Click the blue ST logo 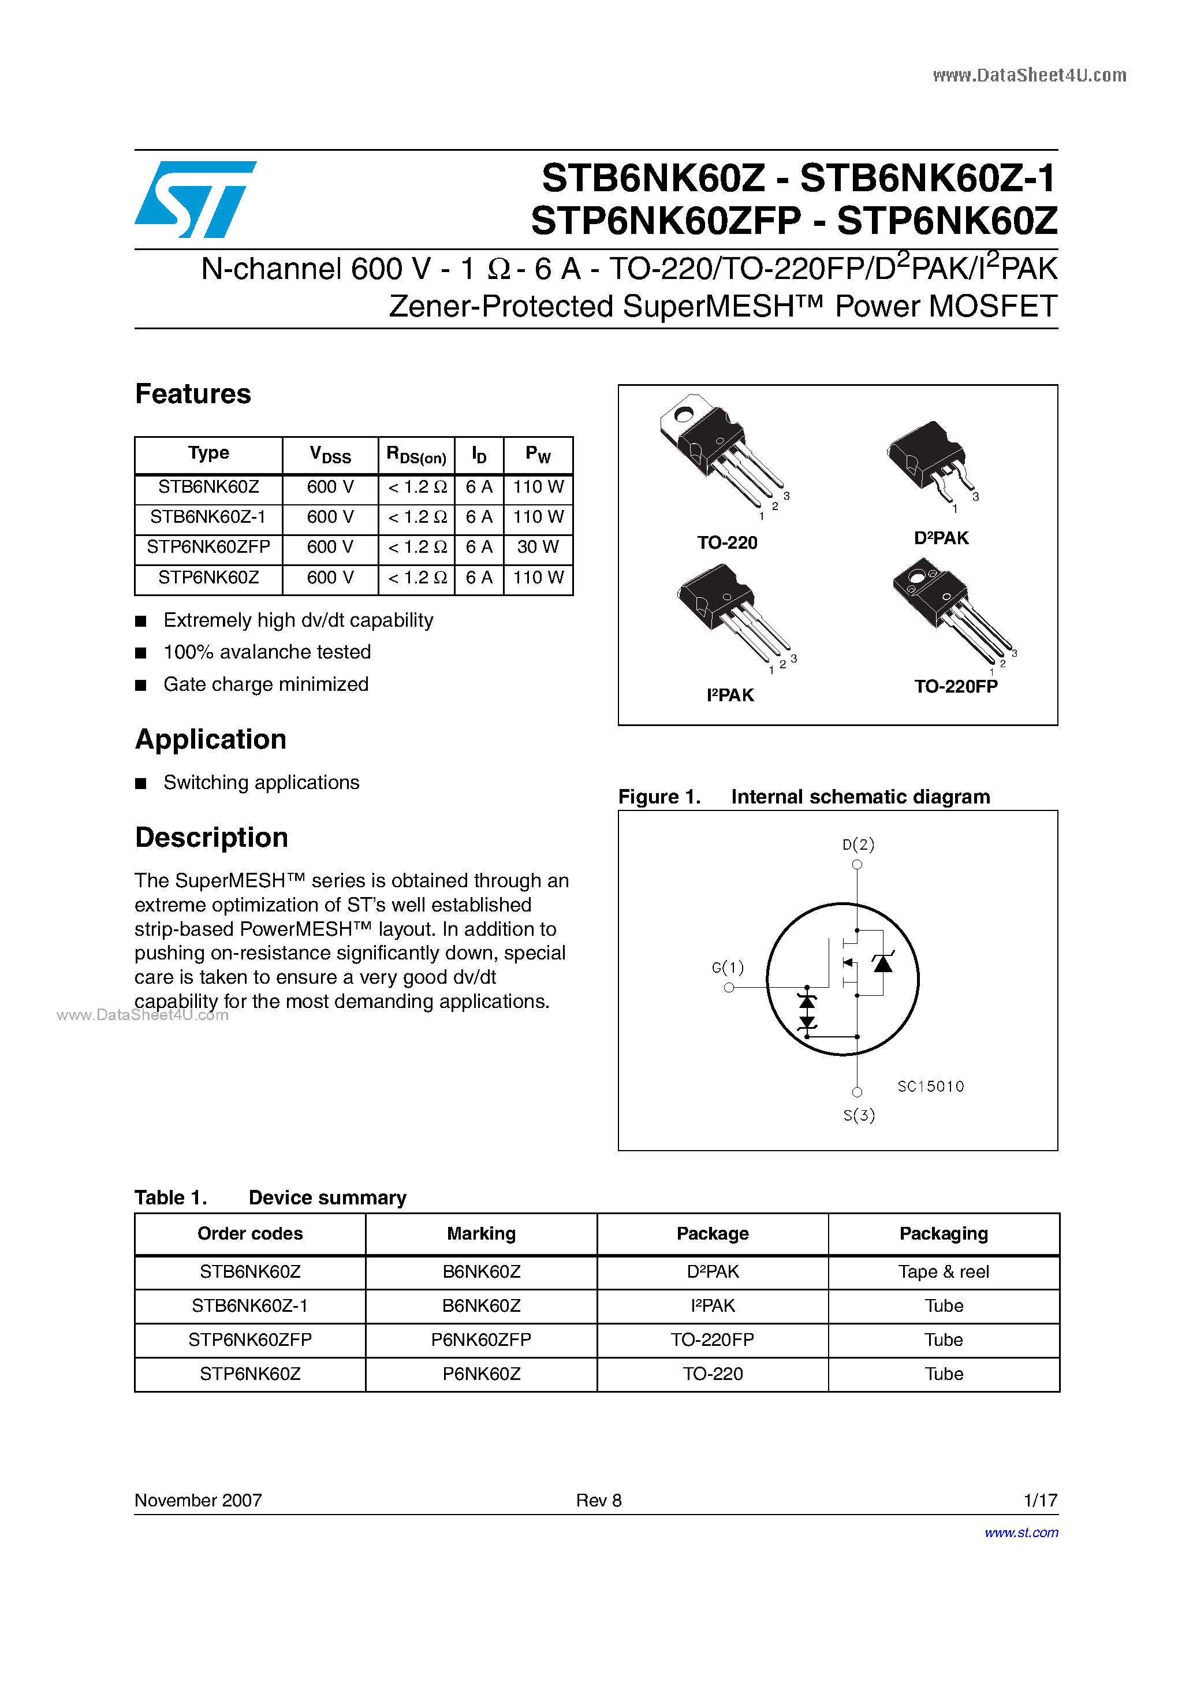[x=195, y=199]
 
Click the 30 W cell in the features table [x=538, y=547]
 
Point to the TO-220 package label [x=726, y=543]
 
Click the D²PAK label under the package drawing [x=941, y=538]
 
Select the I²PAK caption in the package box [x=730, y=695]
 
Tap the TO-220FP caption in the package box [x=956, y=686]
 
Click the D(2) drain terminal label [x=858, y=844]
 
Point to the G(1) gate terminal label [x=728, y=968]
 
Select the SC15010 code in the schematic [x=930, y=1087]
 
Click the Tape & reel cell [x=944, y=1272]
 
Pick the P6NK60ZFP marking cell [x=481, y=1340]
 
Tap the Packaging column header [x=944, y=1234]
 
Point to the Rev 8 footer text [x=599, y=1500]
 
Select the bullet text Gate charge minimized [x=266, y=684]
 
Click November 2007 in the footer [x=198, y=1500]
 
